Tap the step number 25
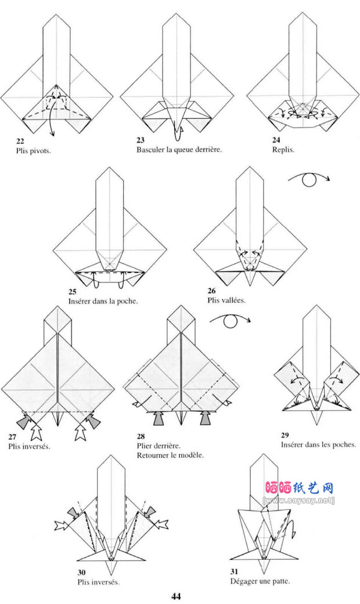[x=72, y=292]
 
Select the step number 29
[x=285, y=436]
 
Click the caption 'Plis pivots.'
[x=34, y=150]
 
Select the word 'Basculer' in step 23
[x=150, y=150]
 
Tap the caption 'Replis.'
[x=283, y=150]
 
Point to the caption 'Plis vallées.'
[x=226, y=301]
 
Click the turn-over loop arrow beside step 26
[x=309, y=180]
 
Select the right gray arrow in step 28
[x=206, y=417]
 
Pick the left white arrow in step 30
[x=60, y=525]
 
